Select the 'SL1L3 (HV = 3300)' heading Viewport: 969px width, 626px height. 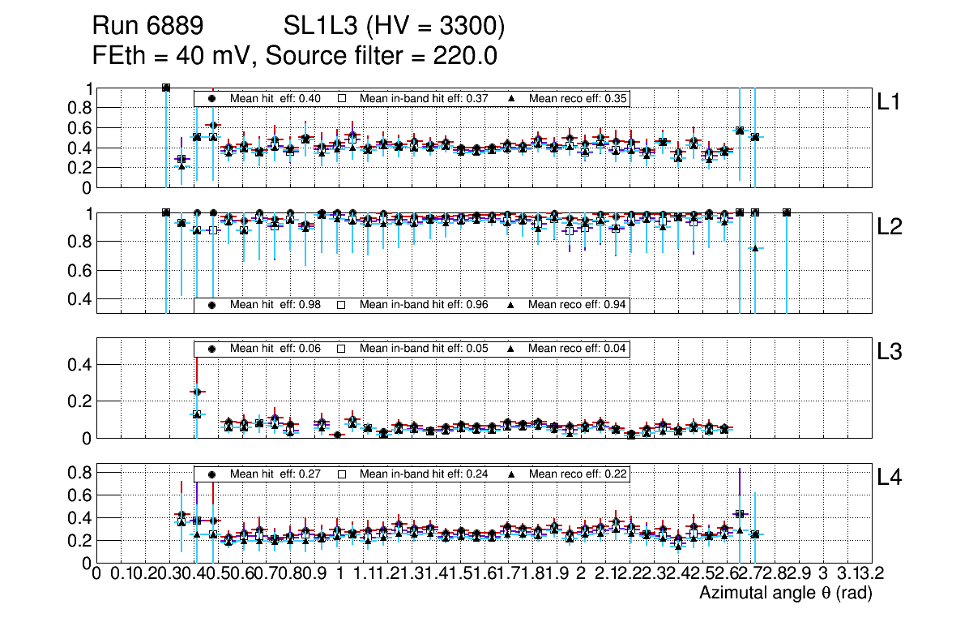pos(394,28)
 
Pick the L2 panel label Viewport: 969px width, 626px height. pos(890,227)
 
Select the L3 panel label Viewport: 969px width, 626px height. pos(890,352)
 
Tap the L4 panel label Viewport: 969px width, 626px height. pos(890,478)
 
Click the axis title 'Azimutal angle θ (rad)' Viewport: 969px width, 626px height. pos(785,594)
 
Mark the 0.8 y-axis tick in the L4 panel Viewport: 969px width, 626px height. pos(81,472)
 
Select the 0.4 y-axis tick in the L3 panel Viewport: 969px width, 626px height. pos(81,365)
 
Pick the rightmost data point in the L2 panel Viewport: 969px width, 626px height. pos(787,212)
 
